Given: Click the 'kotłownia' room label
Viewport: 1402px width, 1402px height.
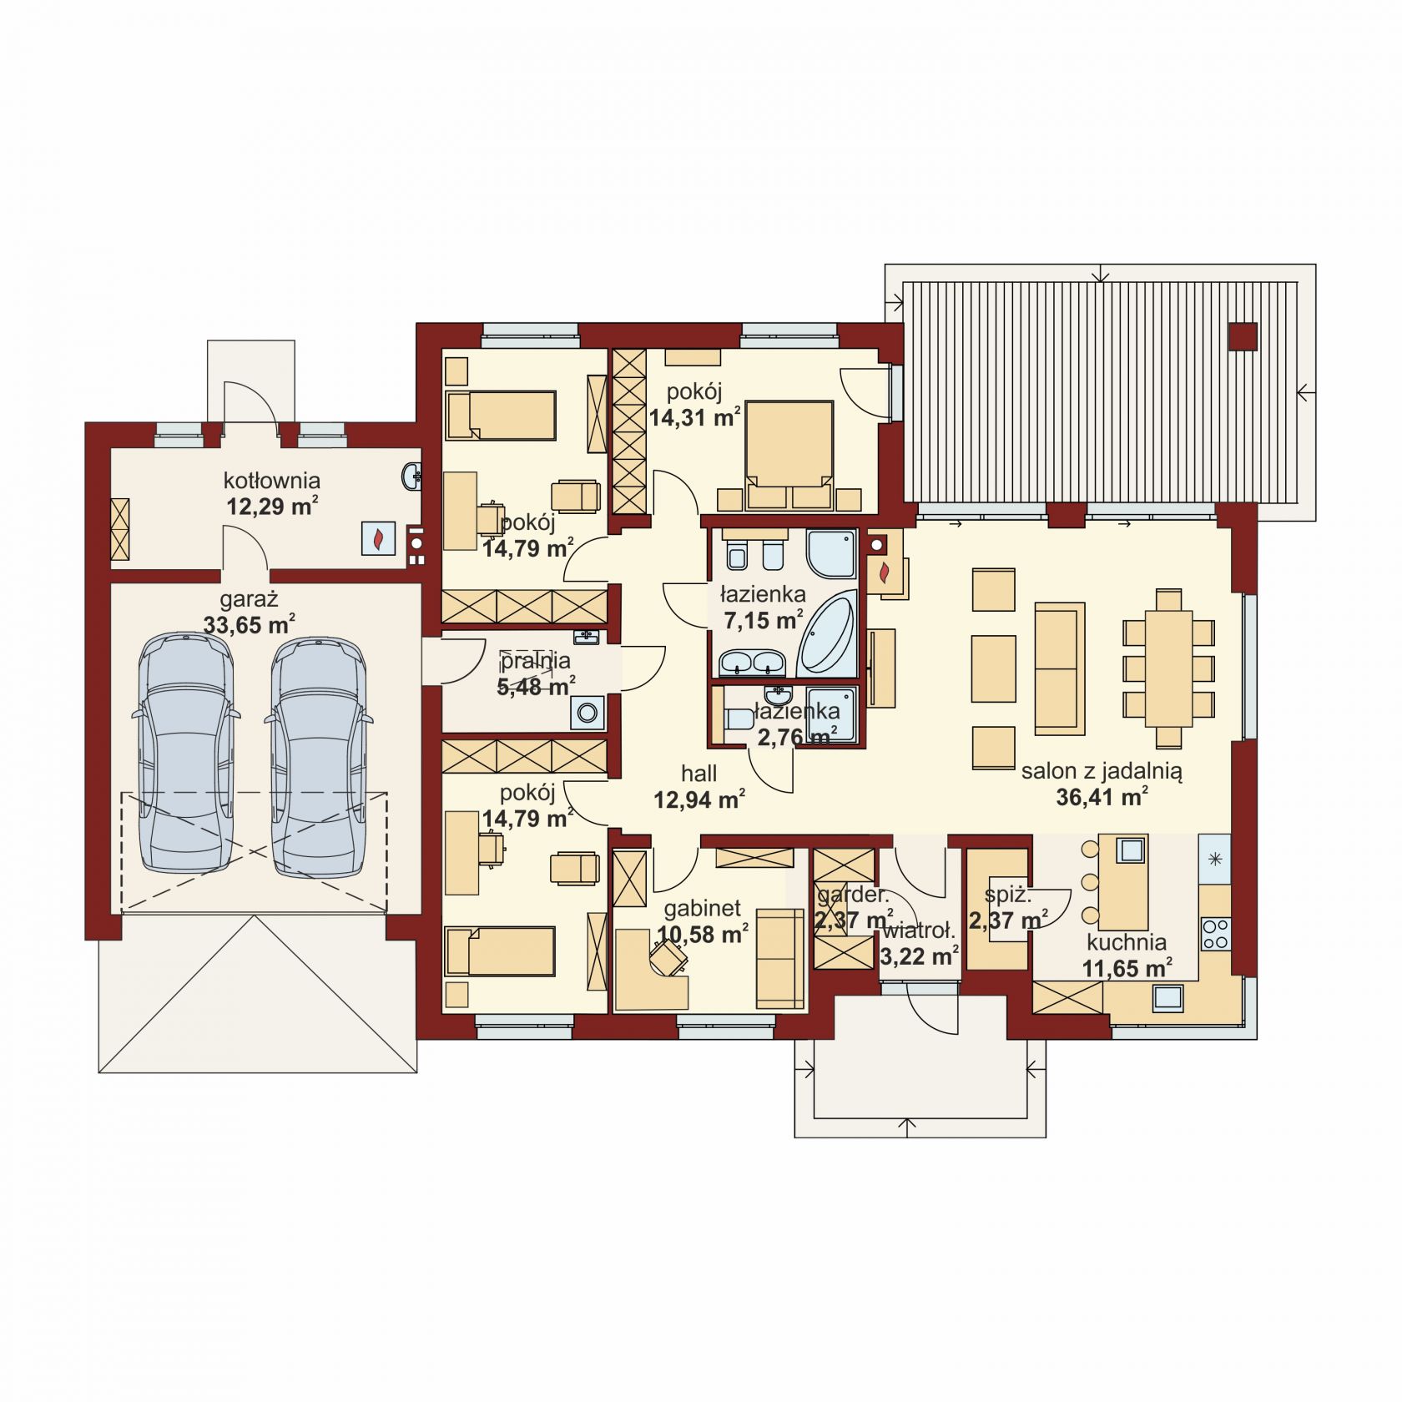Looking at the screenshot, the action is point(272,481).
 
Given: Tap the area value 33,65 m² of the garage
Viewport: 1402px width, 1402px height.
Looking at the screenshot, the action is point(249,623).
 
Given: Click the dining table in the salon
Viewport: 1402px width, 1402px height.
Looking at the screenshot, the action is point(1168,668).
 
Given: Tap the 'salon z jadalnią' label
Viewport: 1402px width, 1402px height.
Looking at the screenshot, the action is point(1102,772).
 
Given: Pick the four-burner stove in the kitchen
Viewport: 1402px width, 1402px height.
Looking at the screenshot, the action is point(1215,933).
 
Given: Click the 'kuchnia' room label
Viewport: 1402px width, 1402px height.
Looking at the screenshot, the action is point(1127,942).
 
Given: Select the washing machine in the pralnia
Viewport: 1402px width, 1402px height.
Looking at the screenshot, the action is point(588,713).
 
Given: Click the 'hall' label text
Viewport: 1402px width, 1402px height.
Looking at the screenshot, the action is point(698,774).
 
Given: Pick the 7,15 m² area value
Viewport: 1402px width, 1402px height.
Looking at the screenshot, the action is point(763,620).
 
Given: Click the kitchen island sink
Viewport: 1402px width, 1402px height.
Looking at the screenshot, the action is point(1131,850).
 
